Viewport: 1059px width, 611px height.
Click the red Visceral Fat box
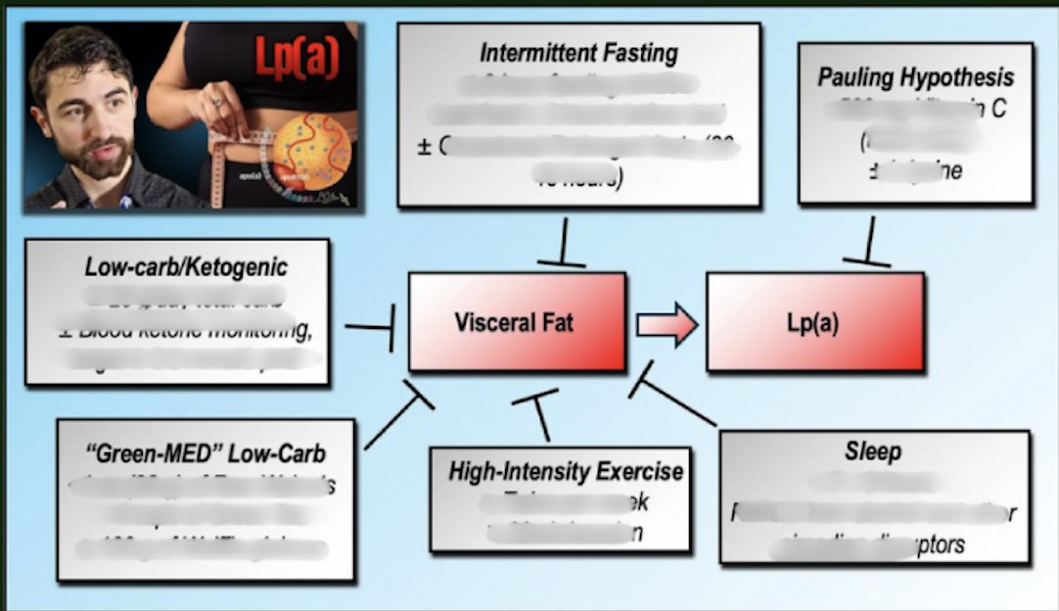click(516, 322)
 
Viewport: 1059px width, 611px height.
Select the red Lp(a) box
click(813, 322)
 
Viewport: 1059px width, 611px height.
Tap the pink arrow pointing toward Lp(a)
click(667, 324)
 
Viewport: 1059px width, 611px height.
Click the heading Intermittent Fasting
click(578, 53)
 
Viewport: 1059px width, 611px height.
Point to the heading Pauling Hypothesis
click(915, 77)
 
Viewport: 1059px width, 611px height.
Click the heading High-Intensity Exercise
click(566, 471)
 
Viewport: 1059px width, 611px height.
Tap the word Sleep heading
click(872, 452)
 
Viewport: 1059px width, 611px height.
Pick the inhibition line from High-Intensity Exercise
click(539, 413)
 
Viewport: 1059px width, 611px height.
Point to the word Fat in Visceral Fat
click(555, 322)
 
